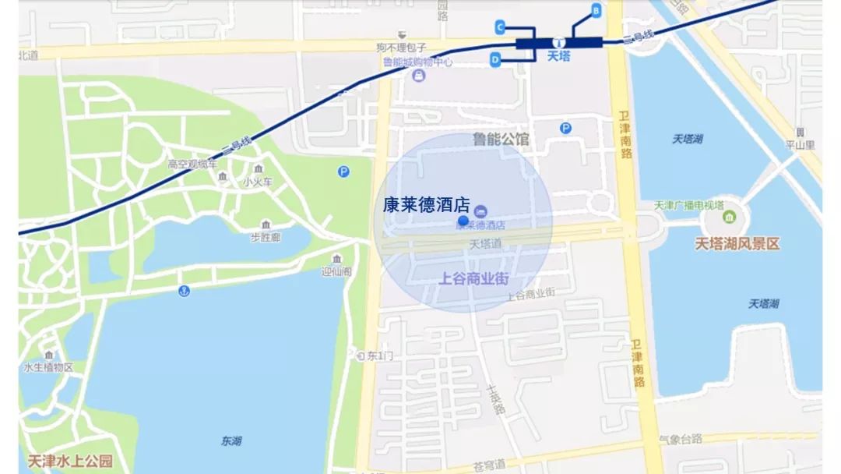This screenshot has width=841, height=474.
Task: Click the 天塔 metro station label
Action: pos(559,56)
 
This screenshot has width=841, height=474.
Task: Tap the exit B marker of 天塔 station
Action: pos(596,11)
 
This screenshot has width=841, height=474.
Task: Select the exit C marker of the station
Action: pos(500,27)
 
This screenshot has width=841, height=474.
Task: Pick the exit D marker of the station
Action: pos(495,59)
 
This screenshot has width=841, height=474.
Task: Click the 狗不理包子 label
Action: pos(401,48)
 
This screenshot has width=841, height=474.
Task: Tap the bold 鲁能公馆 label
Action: pos(501,140)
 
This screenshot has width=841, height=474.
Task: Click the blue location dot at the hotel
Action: pos(463,221)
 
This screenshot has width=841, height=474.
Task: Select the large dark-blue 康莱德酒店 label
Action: pos(427,205)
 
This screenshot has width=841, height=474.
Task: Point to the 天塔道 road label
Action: pos(486,244)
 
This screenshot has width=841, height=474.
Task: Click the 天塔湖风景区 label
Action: pos(737,244)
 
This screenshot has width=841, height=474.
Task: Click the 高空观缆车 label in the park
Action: pos(192,164)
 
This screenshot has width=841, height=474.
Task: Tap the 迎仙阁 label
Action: pos(336,271)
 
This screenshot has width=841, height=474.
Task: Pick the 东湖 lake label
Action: pos(231,441)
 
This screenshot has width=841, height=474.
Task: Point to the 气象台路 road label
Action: pos(680,439)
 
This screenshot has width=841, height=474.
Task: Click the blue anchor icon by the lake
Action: pos(185,291)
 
